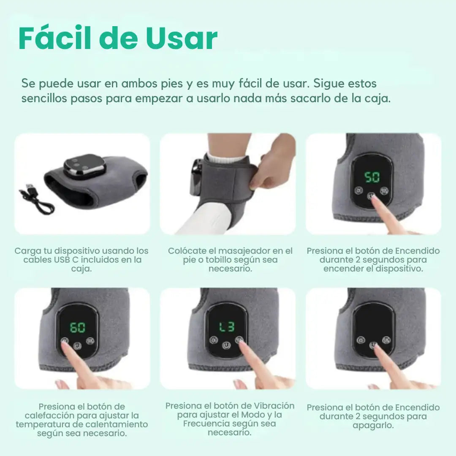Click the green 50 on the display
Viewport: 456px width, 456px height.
(372, 177)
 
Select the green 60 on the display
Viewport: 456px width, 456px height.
(78, 328)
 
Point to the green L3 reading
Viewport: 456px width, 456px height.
(226, 327)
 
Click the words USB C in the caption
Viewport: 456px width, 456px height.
(67, 260)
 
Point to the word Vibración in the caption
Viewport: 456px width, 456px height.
(274, 406)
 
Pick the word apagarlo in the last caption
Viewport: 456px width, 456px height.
(373, 426)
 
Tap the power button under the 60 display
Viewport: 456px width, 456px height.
(77, 346)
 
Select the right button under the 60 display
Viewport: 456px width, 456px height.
(90, 341)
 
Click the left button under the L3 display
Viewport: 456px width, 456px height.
(214, 340)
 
